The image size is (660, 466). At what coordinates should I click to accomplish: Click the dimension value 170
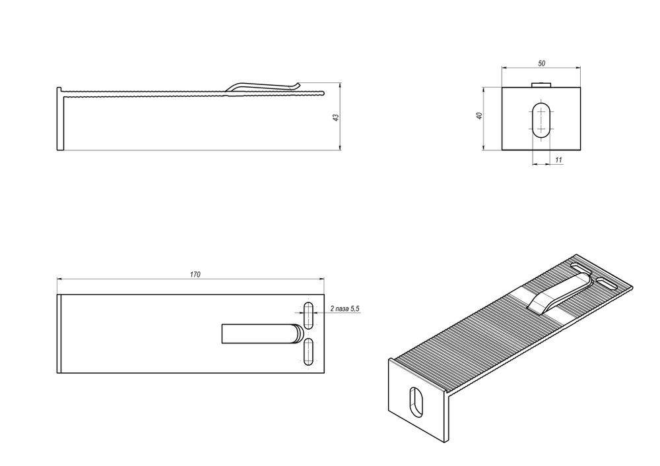(x=195, y=274)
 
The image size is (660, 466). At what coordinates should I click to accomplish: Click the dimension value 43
(x=335, y=117)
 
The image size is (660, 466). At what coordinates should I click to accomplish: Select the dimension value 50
(x=541, y=63)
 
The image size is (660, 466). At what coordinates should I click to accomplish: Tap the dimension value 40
(x=480, y=116)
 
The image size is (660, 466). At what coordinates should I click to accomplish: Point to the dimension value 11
(x=558, y=160)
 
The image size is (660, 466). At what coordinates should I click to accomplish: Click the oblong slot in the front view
(x=543, y=120)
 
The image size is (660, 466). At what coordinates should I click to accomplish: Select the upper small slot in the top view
(x=308, y=314)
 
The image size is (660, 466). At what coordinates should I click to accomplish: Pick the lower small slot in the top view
(x=308, y=351)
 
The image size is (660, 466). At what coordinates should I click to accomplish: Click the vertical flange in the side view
(x=59, y=119)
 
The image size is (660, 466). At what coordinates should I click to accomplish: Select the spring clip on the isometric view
(x=558, y=294)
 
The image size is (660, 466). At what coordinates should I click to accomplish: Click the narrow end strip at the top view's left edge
(x=59, y=334)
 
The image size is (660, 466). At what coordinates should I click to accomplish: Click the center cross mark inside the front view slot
(x=543, y=120)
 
